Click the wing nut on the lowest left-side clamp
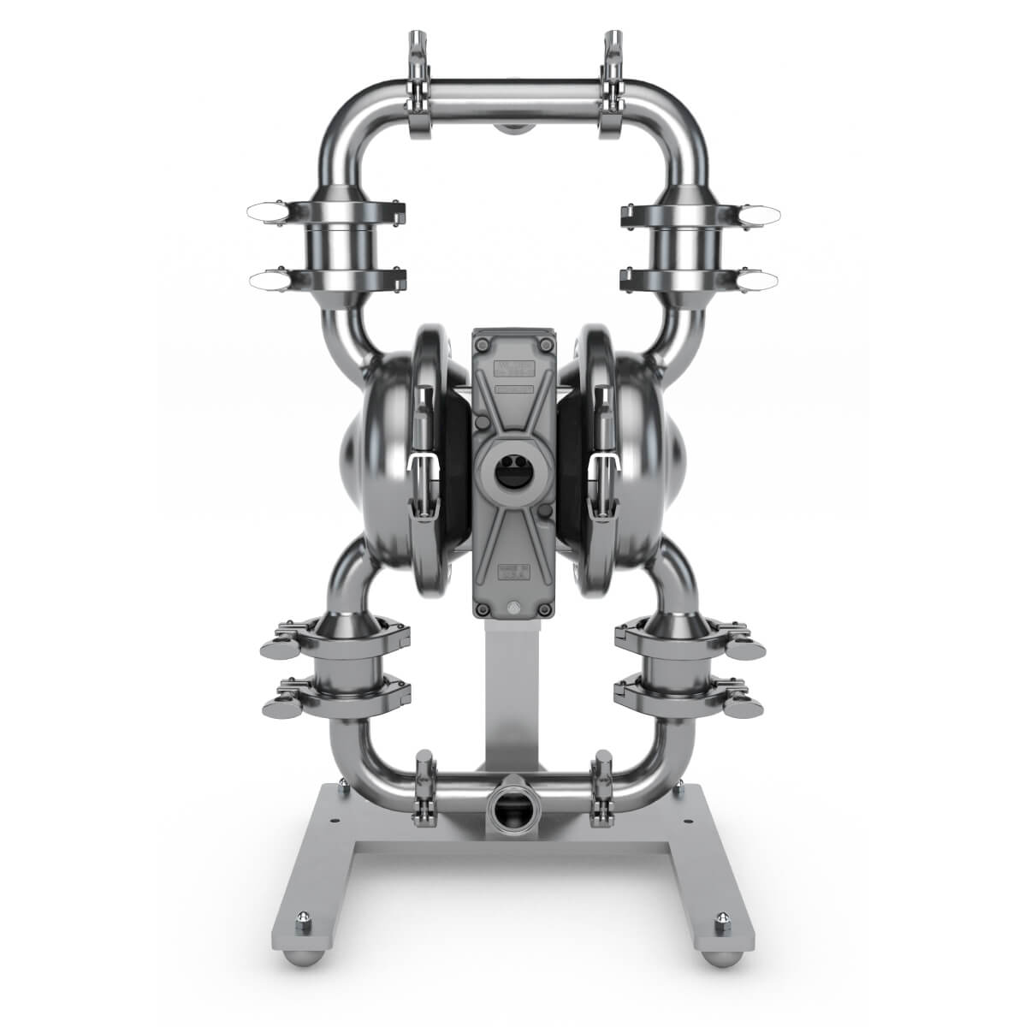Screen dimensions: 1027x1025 coord(278,707)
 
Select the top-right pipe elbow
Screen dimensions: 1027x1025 coord(676,120)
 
